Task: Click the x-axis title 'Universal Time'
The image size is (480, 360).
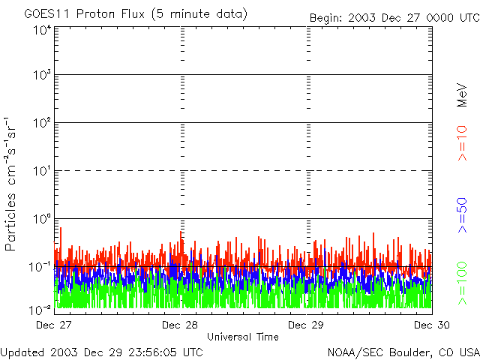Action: click(243, 337)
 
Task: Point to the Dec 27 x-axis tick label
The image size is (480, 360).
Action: click(53, 325)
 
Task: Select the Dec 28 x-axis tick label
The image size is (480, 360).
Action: click(180, 325)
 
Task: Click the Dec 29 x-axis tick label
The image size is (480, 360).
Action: click(306, 325)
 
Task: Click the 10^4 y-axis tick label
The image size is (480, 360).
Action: click(41, 30)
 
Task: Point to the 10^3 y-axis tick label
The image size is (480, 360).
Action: click(41, 76)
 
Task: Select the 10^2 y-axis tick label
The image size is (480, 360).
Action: click(41, 123)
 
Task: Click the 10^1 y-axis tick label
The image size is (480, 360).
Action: click(41, 171)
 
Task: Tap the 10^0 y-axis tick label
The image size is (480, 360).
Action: click(41, 219)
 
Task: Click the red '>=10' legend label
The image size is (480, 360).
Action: click(462, 143)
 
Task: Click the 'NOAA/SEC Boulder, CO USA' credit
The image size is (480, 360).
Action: click(403, 351)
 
